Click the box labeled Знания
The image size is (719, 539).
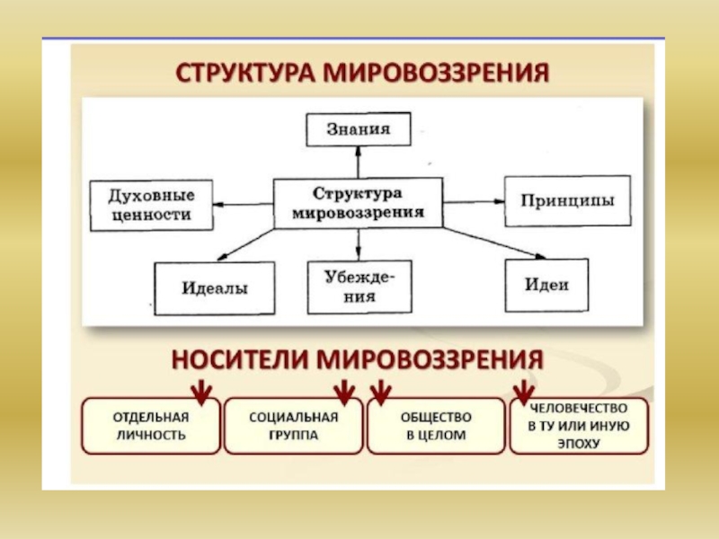(x=358, y=129)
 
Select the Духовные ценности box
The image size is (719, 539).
(x=151, y=206)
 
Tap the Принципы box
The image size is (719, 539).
(x=568, y=200)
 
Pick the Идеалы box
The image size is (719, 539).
(x=215, y=288)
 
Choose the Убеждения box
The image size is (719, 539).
(x=359, y=287)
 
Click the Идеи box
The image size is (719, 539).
(x=546, y=285)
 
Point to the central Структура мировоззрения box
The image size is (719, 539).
(x=358, y=203)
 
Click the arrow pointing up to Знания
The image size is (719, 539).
(x=358, y=163)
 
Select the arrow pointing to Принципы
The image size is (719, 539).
(x=475, y=201)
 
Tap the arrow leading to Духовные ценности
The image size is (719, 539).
(x=243, y=205)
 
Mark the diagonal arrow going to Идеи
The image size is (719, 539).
(x=494, y=243)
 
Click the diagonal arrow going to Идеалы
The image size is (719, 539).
(x=245, y=244)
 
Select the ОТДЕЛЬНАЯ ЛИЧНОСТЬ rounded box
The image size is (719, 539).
(x=151, y=426)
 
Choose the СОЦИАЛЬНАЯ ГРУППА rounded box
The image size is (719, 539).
(x=294, y=426)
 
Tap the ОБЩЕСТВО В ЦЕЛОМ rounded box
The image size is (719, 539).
(x=436, y=426)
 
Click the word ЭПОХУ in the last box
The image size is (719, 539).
(x=579, y=444)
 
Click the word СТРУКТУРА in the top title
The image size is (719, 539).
(x=245, y=73)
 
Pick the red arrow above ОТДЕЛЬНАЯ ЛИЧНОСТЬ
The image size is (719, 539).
(x=201, y=393)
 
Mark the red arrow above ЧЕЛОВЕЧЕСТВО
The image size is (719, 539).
(x=524, y=393)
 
